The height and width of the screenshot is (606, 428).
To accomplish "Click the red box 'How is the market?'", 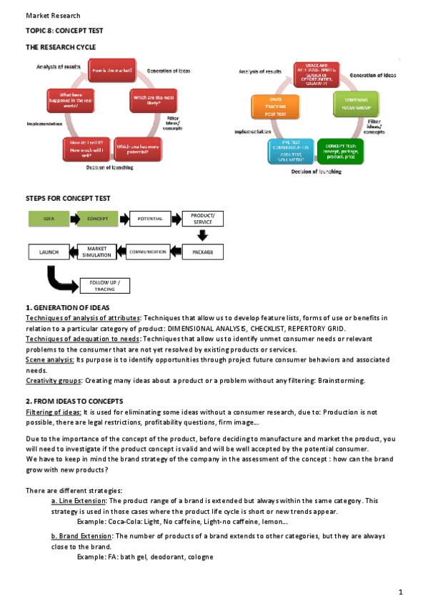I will [111, 71].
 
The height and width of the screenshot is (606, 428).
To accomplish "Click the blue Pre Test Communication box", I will [290, 151].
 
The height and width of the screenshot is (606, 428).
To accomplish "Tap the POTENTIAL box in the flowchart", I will [150, 218].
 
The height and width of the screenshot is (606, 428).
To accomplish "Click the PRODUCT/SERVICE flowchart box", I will [203, 218].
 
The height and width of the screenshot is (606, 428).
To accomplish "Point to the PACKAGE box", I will [203, 252].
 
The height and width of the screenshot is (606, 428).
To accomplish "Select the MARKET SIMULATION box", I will [101, 252].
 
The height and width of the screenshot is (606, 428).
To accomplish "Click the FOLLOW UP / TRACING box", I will [104, 286].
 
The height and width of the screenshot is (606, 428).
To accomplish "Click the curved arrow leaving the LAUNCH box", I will [56, 278].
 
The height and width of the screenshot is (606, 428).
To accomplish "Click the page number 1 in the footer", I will [401, 592].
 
